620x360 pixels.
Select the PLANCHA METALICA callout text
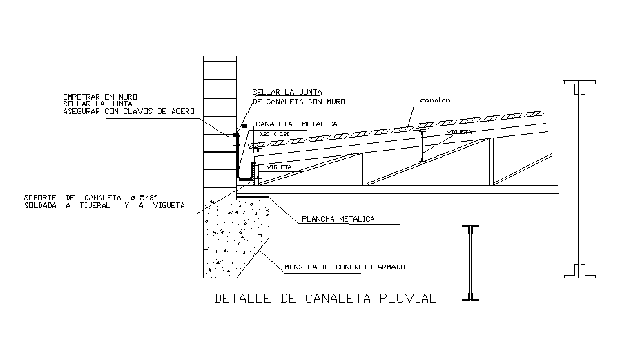(338, 219)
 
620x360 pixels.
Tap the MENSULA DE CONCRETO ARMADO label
(345, 267)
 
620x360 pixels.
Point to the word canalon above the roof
(436, 100)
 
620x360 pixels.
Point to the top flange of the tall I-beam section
(580, 85)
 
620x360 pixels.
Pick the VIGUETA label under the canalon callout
(458, 131)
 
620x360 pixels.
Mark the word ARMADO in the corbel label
(389, 267)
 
